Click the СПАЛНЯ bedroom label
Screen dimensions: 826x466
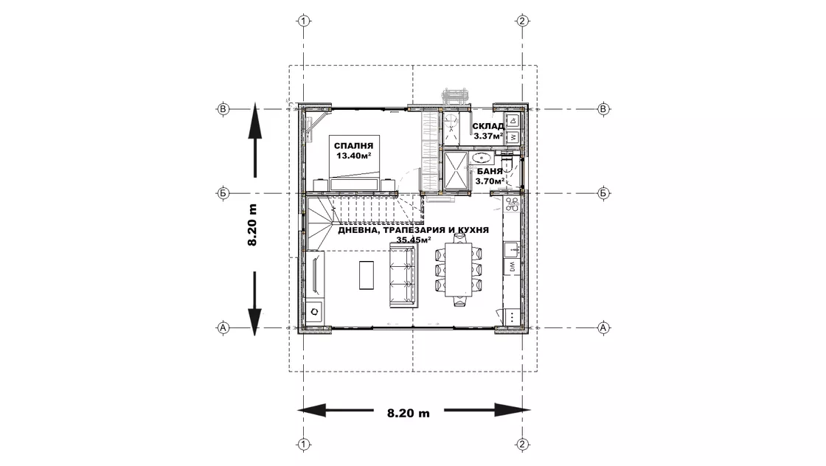(x=353, y=146)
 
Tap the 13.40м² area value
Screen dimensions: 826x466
(x=354, y=156)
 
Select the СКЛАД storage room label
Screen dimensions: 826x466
(x=488, y=126)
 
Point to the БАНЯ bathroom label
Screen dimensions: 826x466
(x=490, y=171)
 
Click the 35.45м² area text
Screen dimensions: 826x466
(x=414, y=240)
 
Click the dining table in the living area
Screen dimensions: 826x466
(x=458, y=270)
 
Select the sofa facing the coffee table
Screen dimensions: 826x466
(x=403, y=275)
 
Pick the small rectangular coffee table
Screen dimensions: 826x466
(x=367, y=275)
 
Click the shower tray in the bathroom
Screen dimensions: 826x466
(x=457, y=170)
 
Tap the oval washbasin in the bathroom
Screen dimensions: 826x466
(x=482, y=158)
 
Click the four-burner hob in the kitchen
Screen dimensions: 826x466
(x=512, y=205)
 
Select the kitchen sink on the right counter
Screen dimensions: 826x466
(x=512, y=250)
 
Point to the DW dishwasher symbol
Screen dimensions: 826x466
(x=512, y=267)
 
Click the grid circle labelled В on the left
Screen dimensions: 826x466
(x=223, y=109)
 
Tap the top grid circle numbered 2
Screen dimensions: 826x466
(x=522, y=21)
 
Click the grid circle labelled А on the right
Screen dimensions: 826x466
(x=603, y=327)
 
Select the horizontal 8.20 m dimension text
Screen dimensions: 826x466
(x=409, y=413)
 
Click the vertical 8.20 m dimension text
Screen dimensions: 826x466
(x=252, y=225)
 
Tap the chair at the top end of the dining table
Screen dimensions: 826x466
(x=459, y=238)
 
